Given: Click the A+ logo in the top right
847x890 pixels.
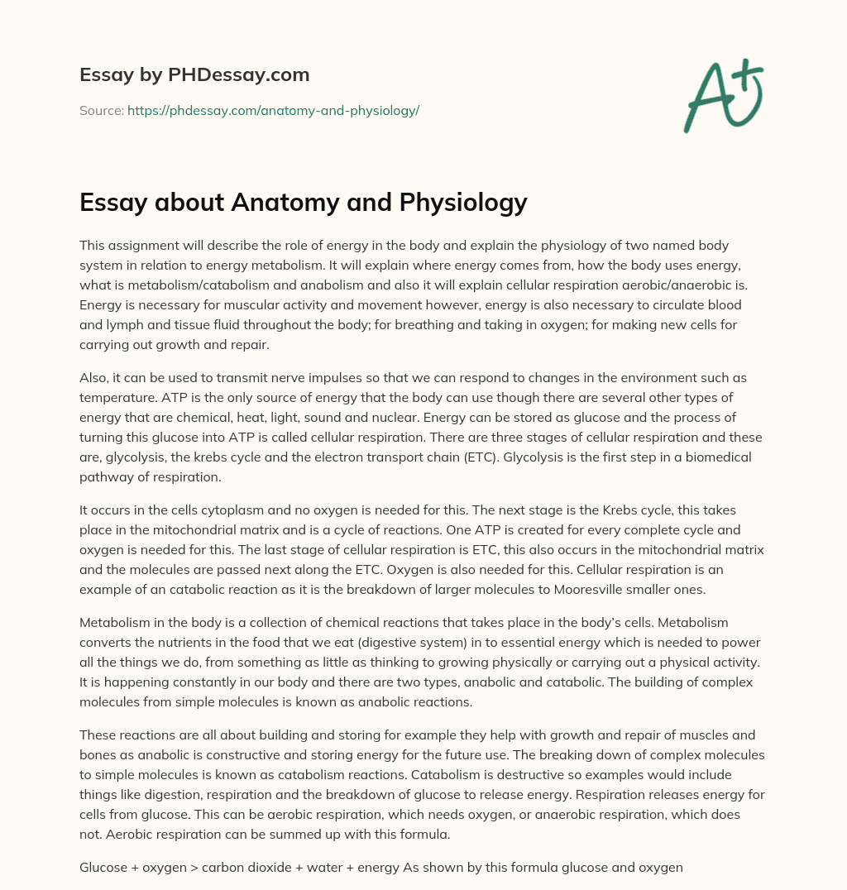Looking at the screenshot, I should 722,96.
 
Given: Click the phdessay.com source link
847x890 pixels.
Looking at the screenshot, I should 273,110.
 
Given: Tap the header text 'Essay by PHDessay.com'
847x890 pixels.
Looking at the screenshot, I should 194,75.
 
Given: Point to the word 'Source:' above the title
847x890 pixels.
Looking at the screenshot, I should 101,110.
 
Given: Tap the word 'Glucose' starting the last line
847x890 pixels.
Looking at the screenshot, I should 103,845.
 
